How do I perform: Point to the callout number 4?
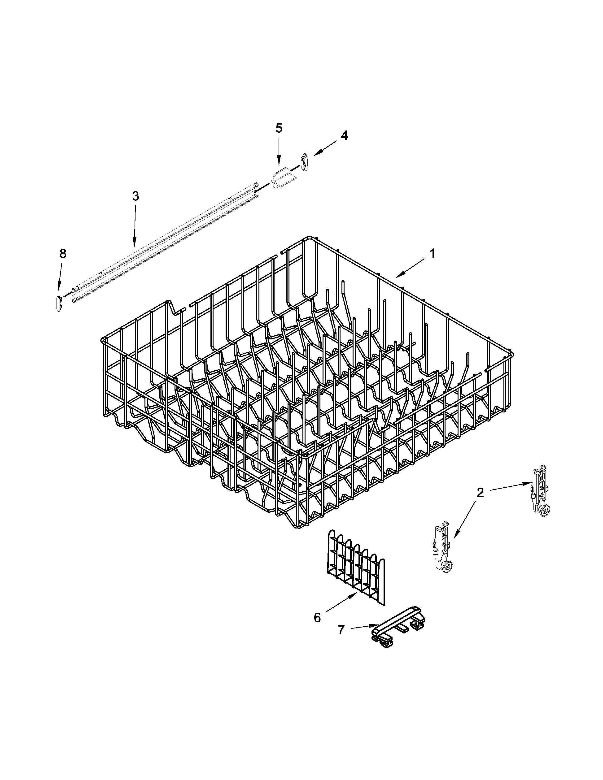344,135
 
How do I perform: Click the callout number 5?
279,128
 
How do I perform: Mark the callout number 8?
62,254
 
